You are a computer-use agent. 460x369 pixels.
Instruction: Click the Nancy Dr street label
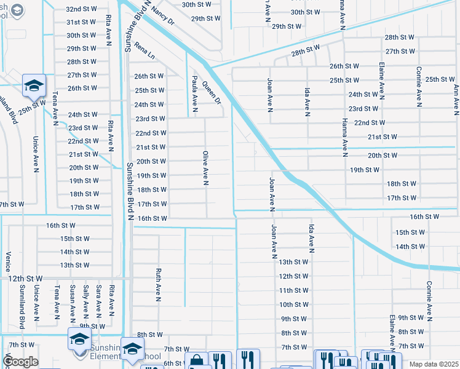[163, 12]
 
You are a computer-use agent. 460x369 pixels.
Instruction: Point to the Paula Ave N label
[194, 94]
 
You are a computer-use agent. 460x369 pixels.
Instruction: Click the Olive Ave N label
[207, 167]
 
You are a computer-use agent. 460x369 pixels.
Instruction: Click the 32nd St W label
[81, 9]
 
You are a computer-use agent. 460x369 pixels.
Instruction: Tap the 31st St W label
[81, 22]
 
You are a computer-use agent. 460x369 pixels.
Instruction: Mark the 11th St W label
[293, 290]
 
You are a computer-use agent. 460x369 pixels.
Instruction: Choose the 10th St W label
[293, 304]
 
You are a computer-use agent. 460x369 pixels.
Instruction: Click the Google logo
[20, 362]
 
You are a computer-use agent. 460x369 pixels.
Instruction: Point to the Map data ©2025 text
[433, 364]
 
